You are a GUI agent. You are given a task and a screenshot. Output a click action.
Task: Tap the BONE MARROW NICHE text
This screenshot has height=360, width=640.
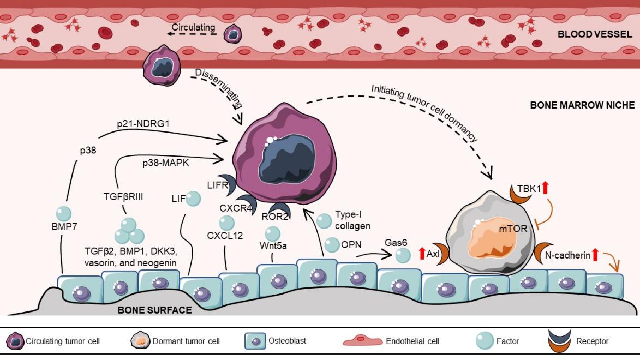click(x=582, y=105)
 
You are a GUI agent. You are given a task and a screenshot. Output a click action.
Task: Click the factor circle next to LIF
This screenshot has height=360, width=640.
click(x=193, y=199)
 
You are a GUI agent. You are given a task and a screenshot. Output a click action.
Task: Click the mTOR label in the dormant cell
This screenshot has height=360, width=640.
click(x=513, y=229)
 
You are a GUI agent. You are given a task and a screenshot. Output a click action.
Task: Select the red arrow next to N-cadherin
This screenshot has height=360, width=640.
click(x=595, y=254)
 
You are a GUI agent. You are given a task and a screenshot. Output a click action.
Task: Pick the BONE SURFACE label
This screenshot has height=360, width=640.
click(x=155, y=310)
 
